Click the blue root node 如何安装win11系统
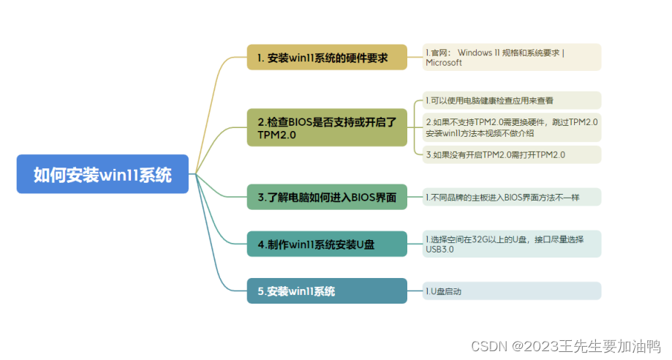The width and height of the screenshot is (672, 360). coord(102,174)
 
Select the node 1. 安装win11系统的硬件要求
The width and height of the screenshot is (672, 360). coord(326,57)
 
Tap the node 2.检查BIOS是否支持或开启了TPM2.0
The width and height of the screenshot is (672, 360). coord(326,128)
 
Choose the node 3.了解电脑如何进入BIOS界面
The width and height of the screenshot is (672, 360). coord(326,197)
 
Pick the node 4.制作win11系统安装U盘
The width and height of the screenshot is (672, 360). coord(326,244)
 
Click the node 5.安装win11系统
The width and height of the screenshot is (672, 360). coord(326,290)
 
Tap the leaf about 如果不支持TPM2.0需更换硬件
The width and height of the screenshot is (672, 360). coord(512,127)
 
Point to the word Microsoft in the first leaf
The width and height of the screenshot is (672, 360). coord(444,63)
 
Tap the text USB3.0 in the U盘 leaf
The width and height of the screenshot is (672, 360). coord(439,250)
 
